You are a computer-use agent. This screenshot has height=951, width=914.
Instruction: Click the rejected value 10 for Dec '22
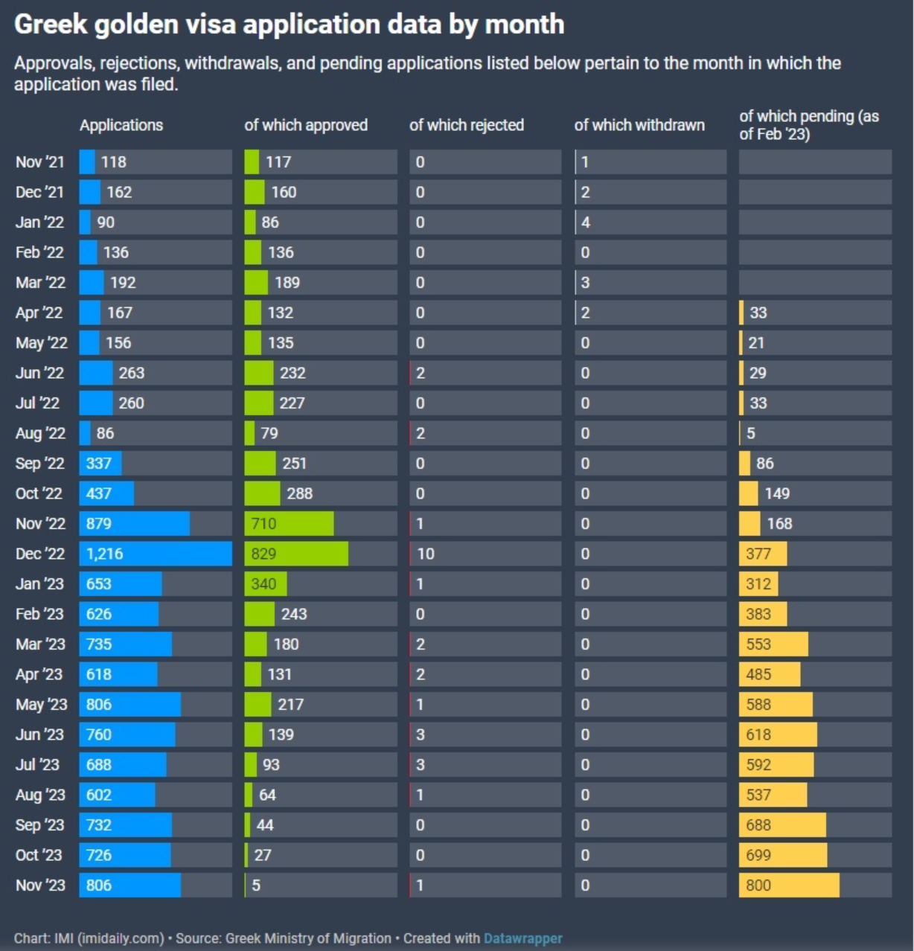[x=426, y=554]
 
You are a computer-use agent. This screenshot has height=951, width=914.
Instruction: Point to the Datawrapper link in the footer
[x=522, y=938]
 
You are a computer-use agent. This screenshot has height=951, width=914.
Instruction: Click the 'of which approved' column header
[x=306, y=125]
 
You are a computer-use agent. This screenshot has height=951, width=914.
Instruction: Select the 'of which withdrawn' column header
[x=639, y=125]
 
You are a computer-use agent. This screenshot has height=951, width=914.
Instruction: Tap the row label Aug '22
[x=40, y=433]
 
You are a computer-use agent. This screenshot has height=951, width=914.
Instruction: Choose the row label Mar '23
[x=40, y=644]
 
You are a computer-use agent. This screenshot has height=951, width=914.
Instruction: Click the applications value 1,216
[x=104, y=554]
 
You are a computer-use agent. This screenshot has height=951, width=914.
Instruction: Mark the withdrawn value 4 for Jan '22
[x=586, y=222]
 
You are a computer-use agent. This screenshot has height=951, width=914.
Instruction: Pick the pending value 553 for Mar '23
[x=758, y=644]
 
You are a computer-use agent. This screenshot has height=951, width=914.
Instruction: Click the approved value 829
[x=263, y=554]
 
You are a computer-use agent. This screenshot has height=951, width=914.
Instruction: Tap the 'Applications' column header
[x=121, y=125]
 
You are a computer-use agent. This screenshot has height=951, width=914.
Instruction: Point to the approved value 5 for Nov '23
[x=256, y=886]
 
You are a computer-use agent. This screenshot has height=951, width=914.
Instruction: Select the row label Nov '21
[x=40, y=162]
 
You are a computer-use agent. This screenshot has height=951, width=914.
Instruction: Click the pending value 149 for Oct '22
[x=777, y=493]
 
